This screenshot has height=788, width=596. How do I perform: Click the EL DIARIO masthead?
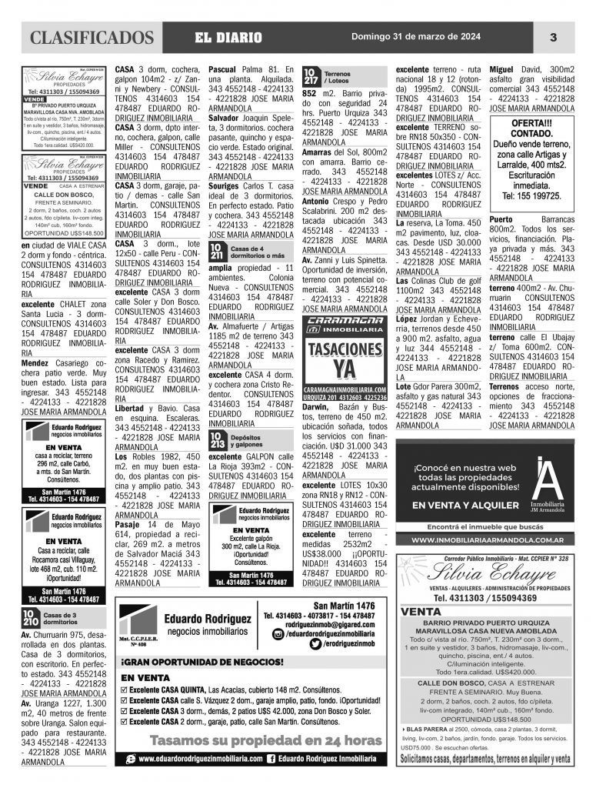(228, 38)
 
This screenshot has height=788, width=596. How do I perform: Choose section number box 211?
(218, 252)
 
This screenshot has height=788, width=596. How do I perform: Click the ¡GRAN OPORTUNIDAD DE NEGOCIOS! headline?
(201, 661)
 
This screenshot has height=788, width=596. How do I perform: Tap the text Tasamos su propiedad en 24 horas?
(255, 741)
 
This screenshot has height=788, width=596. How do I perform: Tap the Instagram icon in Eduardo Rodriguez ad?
(278, 633)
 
